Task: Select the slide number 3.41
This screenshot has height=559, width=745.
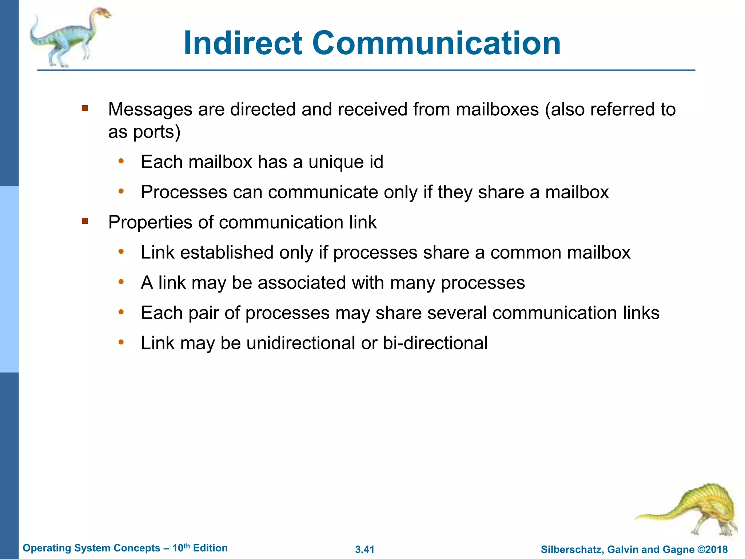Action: point(364,549)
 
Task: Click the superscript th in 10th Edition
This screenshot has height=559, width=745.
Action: point(186,546)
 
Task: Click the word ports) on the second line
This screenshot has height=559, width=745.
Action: point(157,132)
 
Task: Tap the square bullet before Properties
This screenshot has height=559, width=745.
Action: point(85,221)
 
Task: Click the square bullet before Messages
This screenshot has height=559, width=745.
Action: point(85,108)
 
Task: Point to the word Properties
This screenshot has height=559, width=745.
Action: point(150,222)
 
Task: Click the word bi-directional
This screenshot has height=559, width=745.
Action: point(435,343)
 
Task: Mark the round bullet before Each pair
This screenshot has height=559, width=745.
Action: point(121,312)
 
